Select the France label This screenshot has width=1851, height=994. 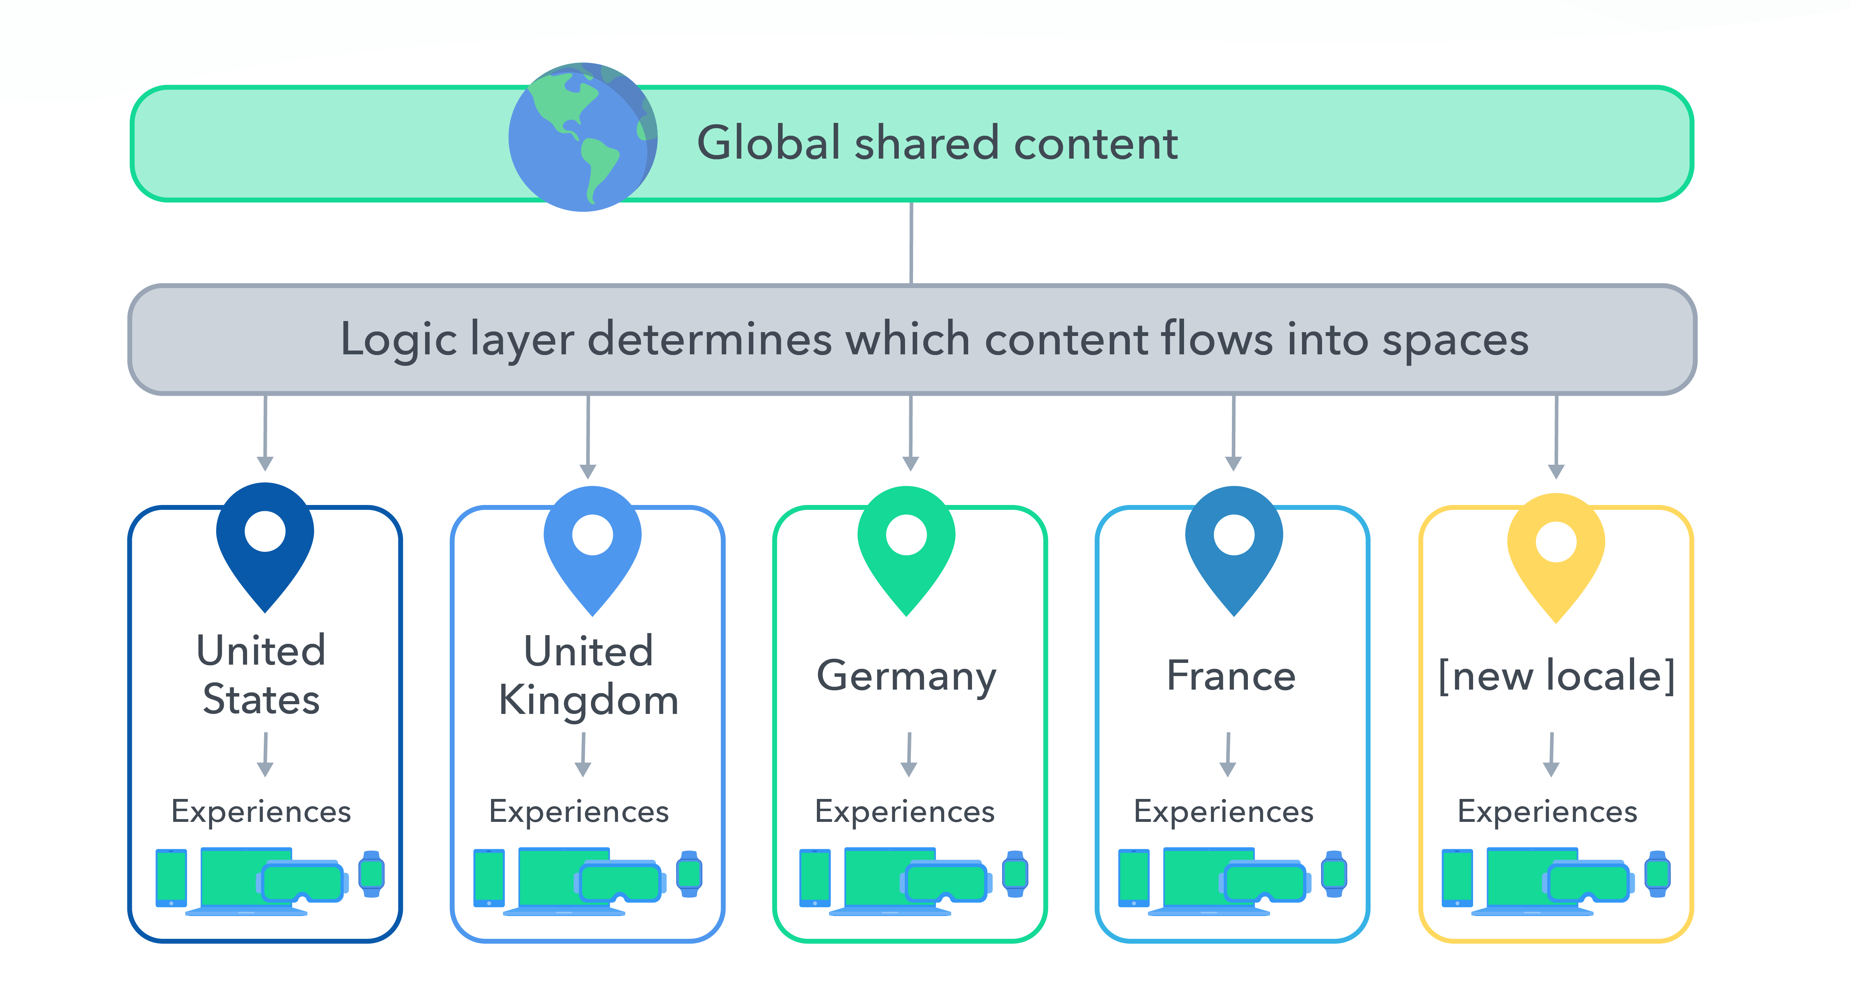click(x=1231, y=676)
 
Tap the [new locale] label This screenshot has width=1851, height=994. click(x=1556, y=676)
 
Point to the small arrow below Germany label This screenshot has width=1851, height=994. click(x=909, y=755)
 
